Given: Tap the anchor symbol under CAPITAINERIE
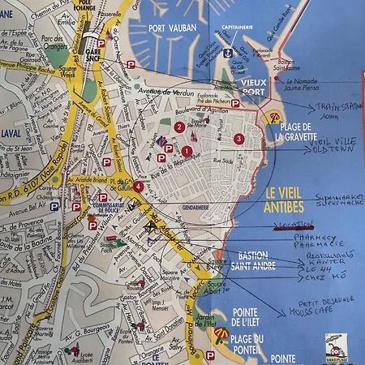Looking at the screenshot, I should pyautogui.click(x=229, y=53).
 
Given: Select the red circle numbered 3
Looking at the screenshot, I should pyautogui.click(x=238, y=139).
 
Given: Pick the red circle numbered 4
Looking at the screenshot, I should pyautogui.click(x=139, y=187).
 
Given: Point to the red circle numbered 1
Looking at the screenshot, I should pyautogui.click(x=187, y=151).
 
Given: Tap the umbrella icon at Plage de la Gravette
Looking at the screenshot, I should pyautogui.click(x=274, y=118).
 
